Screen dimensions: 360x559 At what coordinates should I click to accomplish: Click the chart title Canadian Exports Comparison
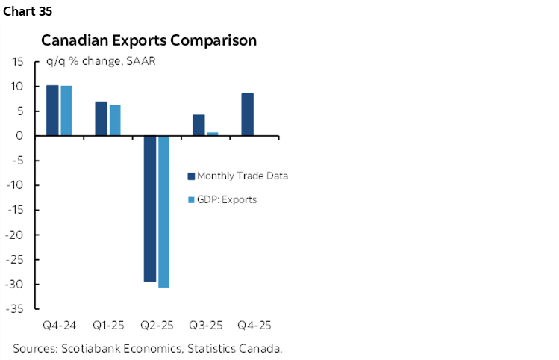(x=149, y=40)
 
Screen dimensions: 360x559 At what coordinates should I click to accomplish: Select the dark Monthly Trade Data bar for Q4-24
(x=52, y=110)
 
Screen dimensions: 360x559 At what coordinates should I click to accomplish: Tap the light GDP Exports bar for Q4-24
(x=66, y=111)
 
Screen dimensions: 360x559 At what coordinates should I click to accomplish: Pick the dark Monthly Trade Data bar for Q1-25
(x=101, y=118)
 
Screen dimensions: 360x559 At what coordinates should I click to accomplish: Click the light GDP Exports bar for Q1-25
(x=115, y=120)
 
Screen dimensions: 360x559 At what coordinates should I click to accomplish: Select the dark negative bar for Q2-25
(x=150, y=208)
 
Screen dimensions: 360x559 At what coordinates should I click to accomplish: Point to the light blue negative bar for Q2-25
(x=163, y=211)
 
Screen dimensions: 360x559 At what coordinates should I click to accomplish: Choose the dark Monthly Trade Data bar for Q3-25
(x=199, y=125)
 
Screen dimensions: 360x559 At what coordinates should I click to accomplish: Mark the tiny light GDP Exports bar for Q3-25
(x=212, y=134)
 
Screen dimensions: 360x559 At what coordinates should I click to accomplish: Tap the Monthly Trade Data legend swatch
(x=190, y=176)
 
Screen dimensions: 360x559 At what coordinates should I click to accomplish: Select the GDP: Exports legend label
(x=227, y=199)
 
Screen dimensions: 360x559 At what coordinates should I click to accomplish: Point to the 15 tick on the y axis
(x=17, y=62)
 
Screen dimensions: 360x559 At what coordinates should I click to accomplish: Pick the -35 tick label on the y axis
(x=15, y=308)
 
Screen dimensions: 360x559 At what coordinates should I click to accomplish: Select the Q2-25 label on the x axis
(x=157, y=326)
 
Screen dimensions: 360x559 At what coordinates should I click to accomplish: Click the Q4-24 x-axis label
(x=59, y=326)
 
